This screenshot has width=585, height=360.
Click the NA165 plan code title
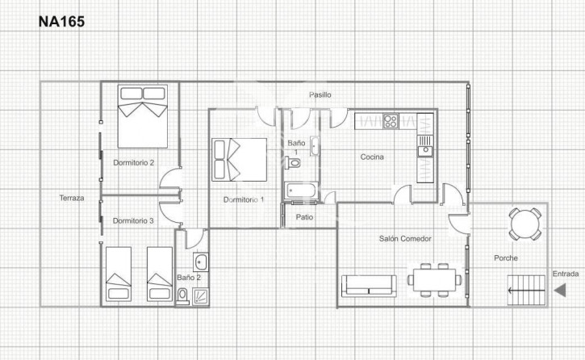[61, 22]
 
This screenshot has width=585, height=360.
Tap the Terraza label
[72, 198]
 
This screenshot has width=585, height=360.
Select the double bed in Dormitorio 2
[143, 116]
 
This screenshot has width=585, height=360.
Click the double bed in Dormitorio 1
[239, 160]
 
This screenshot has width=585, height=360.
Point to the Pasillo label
[320, 94]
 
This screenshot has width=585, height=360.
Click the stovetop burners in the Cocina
[391, 121]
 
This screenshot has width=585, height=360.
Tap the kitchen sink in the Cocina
[425, 146]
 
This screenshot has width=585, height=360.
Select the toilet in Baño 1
[292, 163]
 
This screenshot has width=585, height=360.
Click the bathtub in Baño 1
[301, 190]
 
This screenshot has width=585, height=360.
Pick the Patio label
[304, 217]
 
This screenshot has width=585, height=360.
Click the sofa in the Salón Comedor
[369, 286]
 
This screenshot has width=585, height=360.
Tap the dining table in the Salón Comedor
[435, 280]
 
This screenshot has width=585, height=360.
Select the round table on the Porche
[525, 224]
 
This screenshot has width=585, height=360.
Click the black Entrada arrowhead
[560, 291]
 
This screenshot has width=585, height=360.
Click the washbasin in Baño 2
[201, 262]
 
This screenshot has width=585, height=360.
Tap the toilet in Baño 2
[182, 296]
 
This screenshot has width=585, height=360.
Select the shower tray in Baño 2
[201, 297]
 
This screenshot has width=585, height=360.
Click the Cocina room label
[372, 157]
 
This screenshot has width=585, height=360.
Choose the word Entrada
[566, 274]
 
